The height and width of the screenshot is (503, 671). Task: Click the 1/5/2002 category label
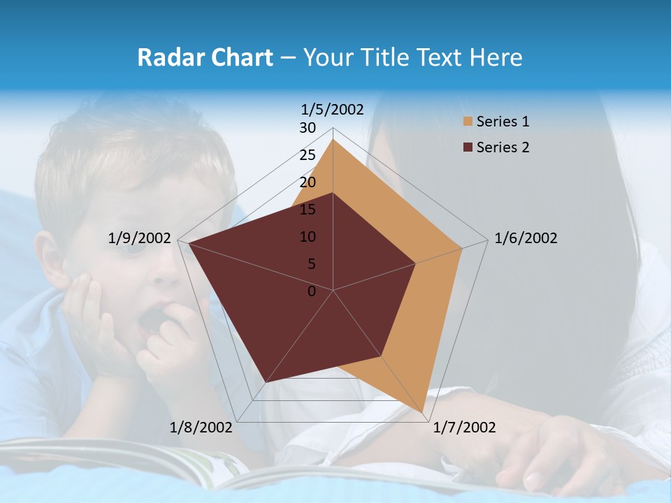332,109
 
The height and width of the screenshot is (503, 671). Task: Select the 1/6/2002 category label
526,238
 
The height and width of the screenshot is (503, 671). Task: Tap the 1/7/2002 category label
464,428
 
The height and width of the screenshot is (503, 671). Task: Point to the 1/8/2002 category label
201,428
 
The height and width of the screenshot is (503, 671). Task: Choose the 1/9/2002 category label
140,238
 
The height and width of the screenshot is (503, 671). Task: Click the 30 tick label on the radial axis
308,128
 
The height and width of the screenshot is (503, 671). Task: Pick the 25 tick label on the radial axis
308,155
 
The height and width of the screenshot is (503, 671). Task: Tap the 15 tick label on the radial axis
308,210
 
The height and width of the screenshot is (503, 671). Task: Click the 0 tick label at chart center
312,291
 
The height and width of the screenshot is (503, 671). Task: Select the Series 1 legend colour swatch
468,122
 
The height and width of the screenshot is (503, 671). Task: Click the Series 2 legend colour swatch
468,147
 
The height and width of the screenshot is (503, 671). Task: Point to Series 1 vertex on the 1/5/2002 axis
333,139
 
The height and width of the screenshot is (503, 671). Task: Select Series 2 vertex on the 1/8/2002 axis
265,383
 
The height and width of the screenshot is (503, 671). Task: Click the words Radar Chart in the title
205,57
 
